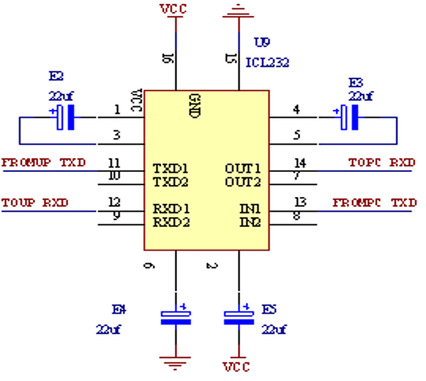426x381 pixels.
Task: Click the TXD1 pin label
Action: [171, 168]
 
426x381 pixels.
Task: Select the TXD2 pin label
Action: [171, 182]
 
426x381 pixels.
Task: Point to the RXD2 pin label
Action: [171, 222]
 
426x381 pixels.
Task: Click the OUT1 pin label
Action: [243, 168]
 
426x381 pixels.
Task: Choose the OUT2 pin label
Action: [243, 182]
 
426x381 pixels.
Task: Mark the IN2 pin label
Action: [250, 222]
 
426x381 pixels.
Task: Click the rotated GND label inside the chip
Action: [195, 105]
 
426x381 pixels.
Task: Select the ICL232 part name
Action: [267, 62]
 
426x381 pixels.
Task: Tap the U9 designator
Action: [262, 42]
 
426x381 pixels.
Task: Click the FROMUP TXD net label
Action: [44, 163]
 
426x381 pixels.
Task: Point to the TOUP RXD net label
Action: [35, 203]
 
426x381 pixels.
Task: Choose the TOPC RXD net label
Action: [382, 163]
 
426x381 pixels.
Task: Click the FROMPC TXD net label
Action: [375, 203]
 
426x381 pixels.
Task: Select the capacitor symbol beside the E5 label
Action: [238, 317]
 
